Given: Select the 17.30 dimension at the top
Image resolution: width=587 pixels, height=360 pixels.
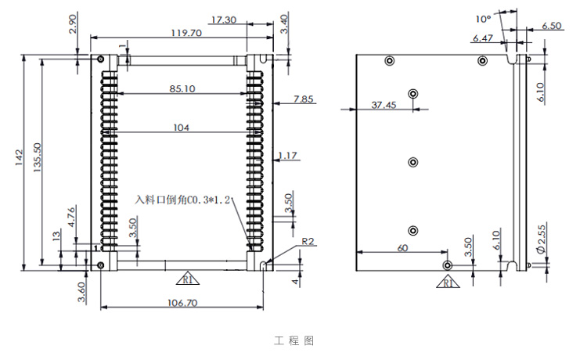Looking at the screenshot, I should [224, 20].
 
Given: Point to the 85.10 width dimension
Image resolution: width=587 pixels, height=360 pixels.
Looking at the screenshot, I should [182, 89].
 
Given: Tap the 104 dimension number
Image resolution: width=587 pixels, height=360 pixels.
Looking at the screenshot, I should [182, 128].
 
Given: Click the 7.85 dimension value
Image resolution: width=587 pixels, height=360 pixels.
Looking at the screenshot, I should [303, 99].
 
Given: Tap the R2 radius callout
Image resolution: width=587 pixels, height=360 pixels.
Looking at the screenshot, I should [308, 242].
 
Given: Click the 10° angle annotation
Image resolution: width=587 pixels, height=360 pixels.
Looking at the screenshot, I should [482, 17].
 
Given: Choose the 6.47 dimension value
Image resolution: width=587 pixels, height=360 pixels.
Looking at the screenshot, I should [483, 38].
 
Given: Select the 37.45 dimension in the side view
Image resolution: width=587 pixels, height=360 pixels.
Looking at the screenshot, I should [384, 104].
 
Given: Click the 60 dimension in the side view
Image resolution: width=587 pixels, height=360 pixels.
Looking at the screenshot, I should [402, 247].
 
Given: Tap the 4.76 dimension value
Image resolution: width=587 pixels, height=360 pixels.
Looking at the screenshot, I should [72, 216].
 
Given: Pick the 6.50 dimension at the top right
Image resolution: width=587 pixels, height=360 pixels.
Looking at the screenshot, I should [551, 26].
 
